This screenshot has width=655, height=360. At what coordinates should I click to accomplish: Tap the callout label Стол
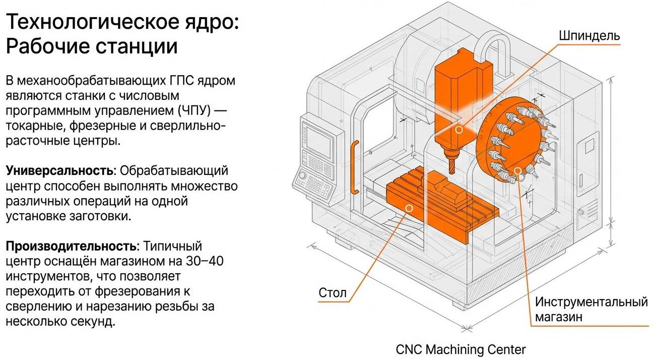[333, 292]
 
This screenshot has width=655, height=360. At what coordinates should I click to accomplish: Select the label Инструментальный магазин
[591, 309]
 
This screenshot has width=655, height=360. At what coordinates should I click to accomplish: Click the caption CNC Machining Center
[461, 349]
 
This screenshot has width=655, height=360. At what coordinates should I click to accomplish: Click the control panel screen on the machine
[318, 139]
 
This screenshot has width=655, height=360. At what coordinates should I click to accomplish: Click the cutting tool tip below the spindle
[450, 167]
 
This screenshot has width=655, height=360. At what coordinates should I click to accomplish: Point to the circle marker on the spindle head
[458, 130]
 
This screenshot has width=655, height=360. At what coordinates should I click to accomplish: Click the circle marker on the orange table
[409, 208]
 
